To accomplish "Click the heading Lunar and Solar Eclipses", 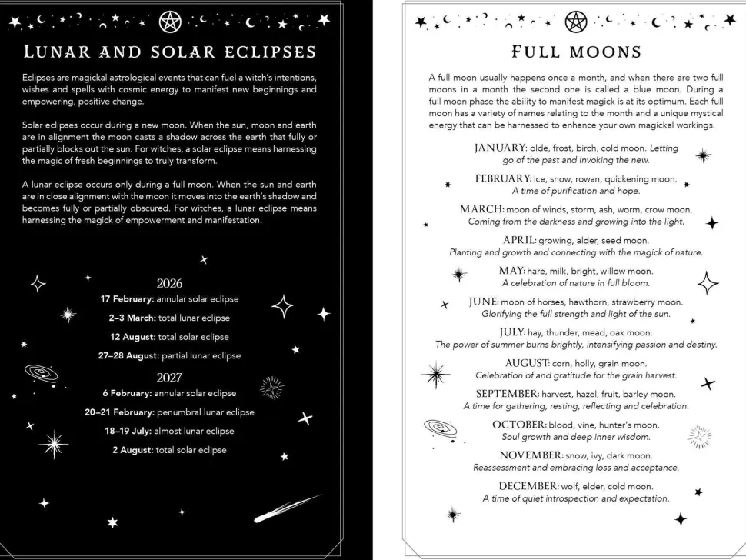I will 170,52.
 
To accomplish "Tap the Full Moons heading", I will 576,52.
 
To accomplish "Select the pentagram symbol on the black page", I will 170,22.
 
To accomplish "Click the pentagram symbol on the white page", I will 575,22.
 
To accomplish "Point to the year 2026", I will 169,283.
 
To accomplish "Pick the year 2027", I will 169,377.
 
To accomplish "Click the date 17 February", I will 128,298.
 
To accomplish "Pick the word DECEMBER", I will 528,486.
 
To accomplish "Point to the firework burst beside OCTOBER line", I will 699,437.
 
